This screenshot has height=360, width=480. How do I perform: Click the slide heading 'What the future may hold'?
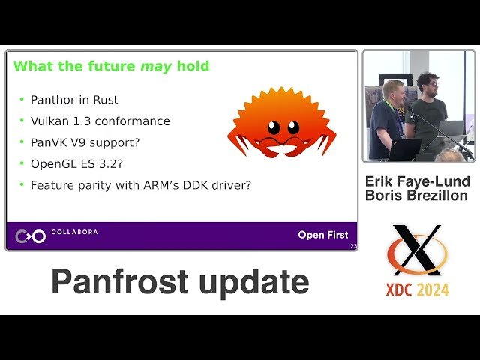coord(111,66)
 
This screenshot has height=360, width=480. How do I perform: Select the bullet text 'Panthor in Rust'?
coord(74,100)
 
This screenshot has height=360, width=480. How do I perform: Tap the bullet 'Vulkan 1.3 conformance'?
coord(100,121)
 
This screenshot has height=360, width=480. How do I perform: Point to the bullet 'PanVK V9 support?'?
coord(85,142)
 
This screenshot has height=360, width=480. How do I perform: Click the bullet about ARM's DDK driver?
coord(140,184)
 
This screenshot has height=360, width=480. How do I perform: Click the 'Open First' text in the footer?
coord(322,235)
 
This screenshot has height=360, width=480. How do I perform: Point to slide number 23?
coord(353,246)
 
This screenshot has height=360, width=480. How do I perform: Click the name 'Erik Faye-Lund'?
coord(418,181)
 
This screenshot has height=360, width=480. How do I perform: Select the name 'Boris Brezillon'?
coord(416,196)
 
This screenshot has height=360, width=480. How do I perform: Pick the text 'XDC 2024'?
coord(417,288)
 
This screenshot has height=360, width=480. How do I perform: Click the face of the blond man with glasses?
coord(394,92)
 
